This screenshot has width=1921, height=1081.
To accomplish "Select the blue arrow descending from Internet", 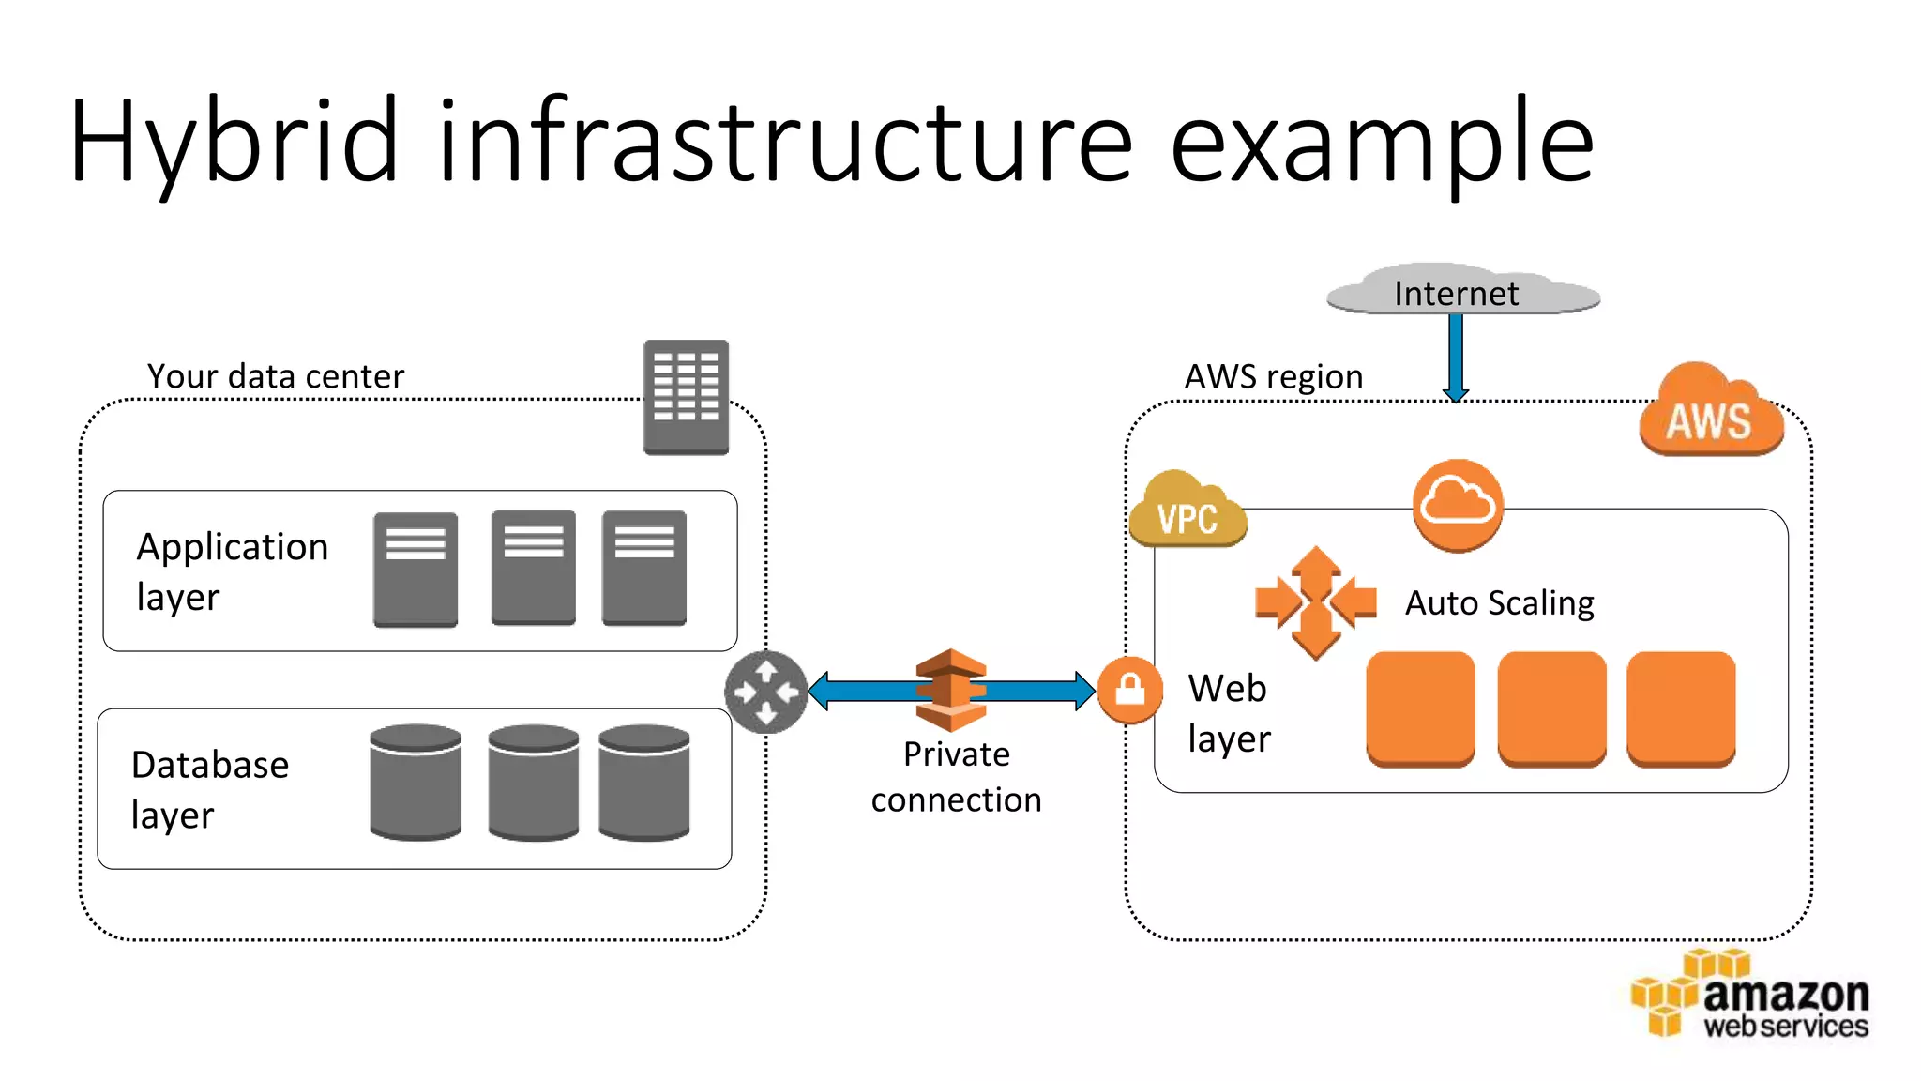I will pos(1456,357).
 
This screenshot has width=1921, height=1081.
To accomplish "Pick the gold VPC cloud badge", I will pos(1187,512).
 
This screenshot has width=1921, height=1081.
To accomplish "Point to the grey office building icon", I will pos(686,397).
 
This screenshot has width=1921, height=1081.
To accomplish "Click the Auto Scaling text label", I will pos(1499,603).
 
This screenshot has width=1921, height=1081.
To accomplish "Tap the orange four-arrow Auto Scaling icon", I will pos(1315,601).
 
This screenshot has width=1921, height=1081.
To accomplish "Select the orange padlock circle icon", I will pos(1130,690).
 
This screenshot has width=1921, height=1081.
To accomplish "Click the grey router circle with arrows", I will pos(766,692).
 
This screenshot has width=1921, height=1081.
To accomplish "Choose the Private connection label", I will pos(956,777).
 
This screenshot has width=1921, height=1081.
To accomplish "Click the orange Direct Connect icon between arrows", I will pos(951,691).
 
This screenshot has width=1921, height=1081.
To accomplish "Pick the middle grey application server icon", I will pos(533,568).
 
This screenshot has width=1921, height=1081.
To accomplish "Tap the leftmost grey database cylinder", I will pos(416,782).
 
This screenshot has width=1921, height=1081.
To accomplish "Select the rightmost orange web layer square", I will pos(1681,709).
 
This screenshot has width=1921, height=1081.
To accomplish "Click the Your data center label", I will pos(276,376).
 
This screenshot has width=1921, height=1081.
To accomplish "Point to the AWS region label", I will pos(1273,376).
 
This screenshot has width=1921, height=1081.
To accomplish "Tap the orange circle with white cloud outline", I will pos(1458,504).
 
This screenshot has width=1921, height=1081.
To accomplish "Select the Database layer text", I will pos(209,789).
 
